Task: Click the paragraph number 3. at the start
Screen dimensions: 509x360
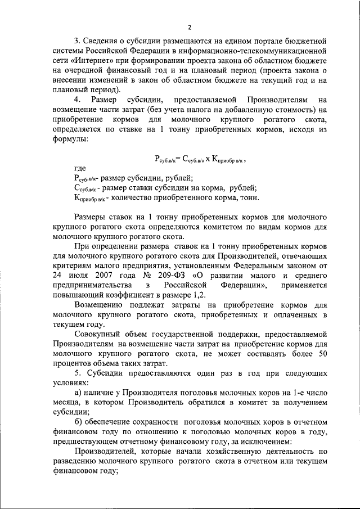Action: coord(78,42)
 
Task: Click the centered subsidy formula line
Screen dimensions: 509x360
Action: coord(200,160)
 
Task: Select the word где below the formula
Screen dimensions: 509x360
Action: coord(81,168)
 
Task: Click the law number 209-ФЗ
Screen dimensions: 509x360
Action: coord(156,275)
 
